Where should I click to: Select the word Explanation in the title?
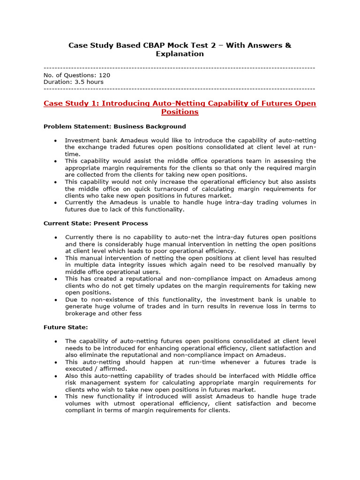pos(180,54)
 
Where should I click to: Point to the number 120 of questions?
pos(105,75)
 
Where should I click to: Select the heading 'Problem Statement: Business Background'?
pos(114,127)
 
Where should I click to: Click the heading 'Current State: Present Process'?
pos(96,223)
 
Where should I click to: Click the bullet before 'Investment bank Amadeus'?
pos(56,141)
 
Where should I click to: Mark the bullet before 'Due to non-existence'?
pos(56,300)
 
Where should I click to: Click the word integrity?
pos(120,265)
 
